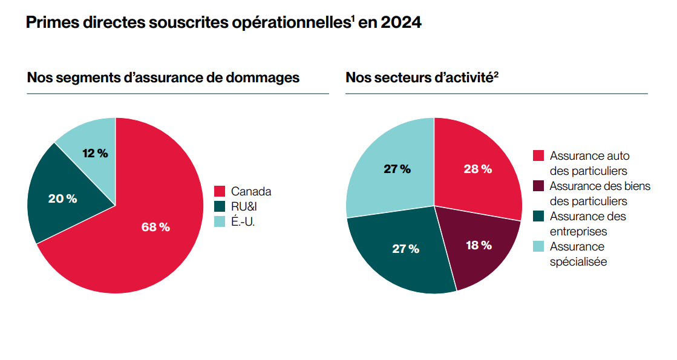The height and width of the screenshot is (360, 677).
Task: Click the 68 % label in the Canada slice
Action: [x=155, y=227]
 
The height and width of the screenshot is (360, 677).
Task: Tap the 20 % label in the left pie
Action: [x=62, y=198]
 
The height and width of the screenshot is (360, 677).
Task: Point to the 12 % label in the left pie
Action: [x=95, y=154]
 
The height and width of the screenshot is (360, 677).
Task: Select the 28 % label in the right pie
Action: [x=477, y=169]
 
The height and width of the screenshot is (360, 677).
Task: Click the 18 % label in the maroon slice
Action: [x=478, y=245]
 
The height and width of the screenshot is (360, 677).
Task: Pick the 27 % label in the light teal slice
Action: [x=397, y=169]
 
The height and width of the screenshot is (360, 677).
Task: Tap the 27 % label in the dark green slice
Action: [x=405, y=249]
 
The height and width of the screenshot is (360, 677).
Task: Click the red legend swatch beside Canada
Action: [x=220, y=191]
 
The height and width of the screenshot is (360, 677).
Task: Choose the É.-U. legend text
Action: [x=243, y=222]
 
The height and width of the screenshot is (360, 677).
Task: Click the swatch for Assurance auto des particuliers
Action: [x=538, y=156]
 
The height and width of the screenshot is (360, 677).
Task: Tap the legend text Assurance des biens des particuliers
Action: [x=599, y=193]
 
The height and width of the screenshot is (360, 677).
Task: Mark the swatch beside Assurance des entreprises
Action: [x=538, y=216]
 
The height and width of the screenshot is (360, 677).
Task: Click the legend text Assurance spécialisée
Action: [x=578, y=254]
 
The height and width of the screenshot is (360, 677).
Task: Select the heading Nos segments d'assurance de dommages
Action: [x=163, y=78]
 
